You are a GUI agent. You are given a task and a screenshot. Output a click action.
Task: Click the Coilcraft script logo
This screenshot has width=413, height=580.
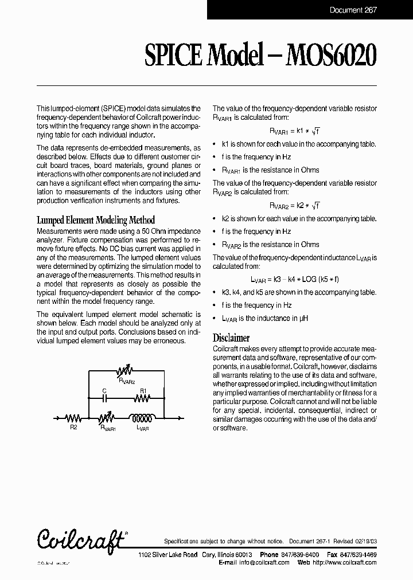pyautogui.click(x=81, y=540)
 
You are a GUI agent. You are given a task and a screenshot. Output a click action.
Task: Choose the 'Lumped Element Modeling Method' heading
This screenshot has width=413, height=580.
pyautogui.click(x=96, y=220)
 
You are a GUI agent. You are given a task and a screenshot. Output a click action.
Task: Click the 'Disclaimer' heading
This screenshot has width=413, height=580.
pyautogui.click(x=231, y=338)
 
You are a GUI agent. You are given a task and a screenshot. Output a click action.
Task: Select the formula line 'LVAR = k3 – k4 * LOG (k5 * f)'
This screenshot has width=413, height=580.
pyautogui.click(x=295, y=279)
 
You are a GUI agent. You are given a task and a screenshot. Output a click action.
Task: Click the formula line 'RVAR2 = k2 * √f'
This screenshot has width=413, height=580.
pyautogui.click(x=295, y=205)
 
